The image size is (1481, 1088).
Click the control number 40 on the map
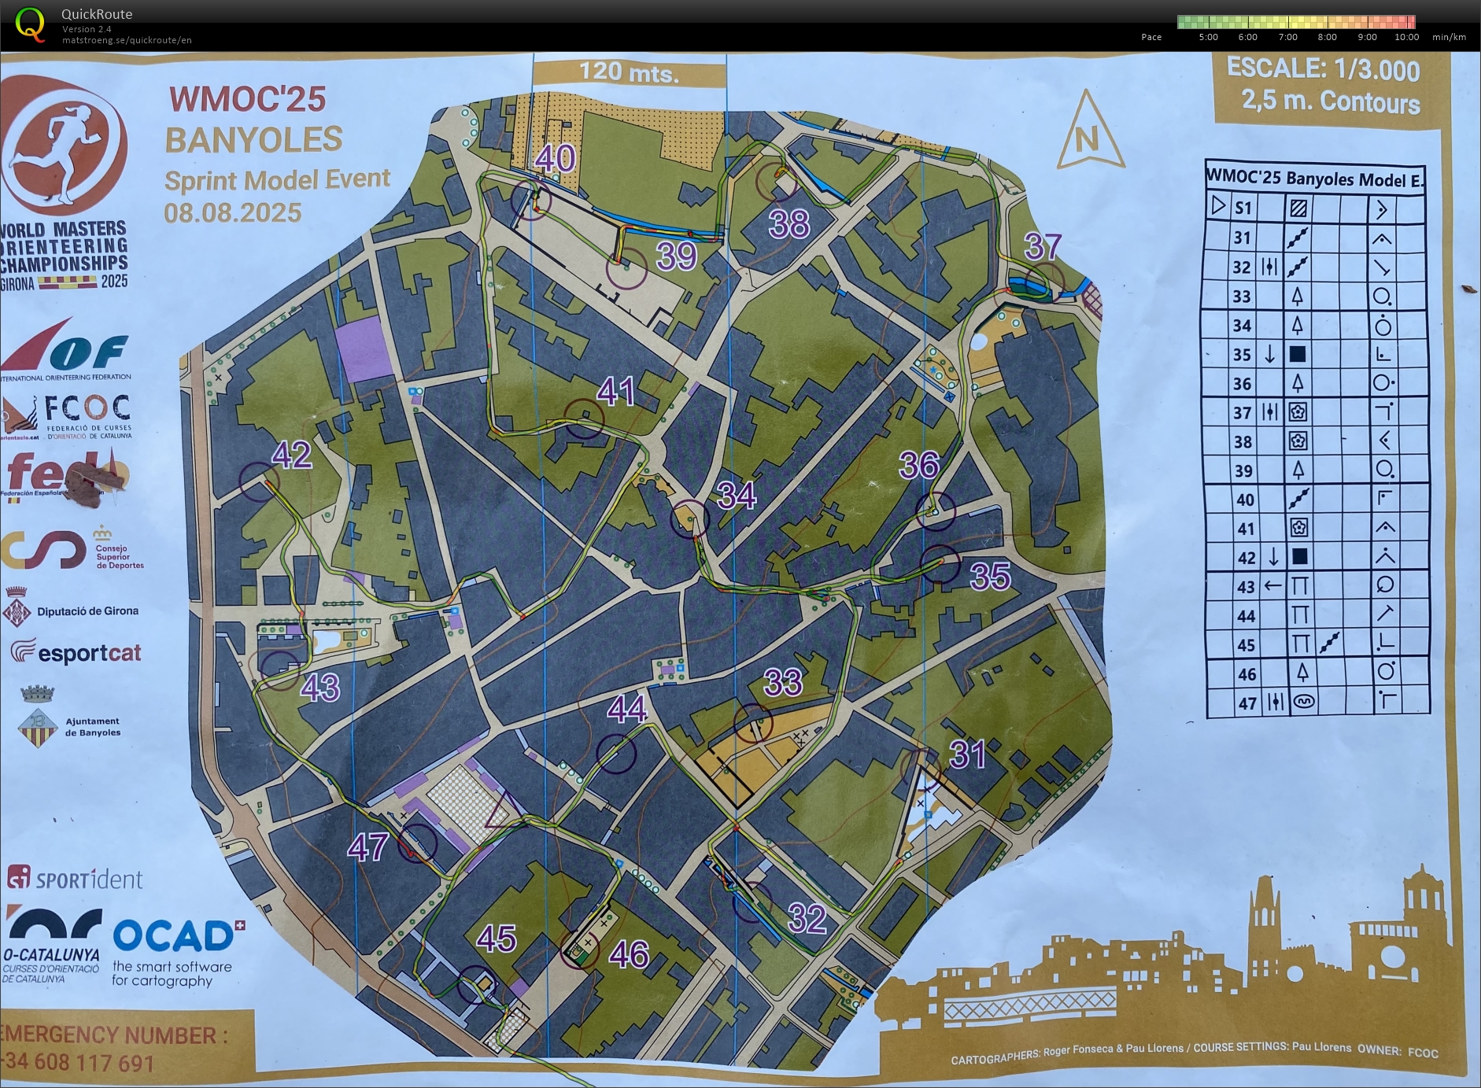coord(556,159)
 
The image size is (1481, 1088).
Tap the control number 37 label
coord(1043,247)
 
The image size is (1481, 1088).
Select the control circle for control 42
coord(259,481)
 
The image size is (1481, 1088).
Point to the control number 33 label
coord(783,683)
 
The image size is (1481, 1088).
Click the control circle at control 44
coord(615,754)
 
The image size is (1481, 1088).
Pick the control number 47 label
coord(367,847)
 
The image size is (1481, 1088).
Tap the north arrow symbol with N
coord(1089,134)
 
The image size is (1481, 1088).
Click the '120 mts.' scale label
coord(628,73)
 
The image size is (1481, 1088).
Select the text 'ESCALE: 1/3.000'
coord(1323,69)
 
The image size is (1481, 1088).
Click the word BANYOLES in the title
coord(253,140)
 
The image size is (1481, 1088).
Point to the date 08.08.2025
coord(233,213)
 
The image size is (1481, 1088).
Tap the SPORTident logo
coord(76,878)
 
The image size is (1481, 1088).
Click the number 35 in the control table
coord(1242,355)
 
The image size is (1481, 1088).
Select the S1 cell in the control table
coord(1243,208)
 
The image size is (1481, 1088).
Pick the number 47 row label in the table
coord(1246,703)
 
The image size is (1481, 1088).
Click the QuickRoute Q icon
coord(30,24)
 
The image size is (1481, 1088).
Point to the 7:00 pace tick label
coord(1287,37)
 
